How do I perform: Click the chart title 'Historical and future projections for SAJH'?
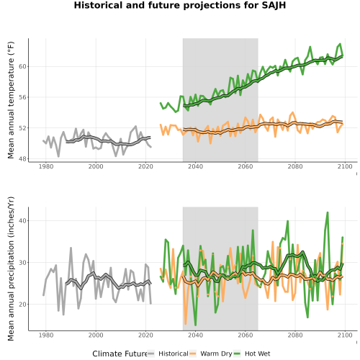coord(180,5)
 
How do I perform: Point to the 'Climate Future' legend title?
coord(120,354)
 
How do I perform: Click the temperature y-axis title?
coord(11,100)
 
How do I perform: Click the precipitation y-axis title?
coord(11,269)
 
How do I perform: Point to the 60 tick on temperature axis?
coord(22,66)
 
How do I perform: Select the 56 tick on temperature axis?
coord(22,97)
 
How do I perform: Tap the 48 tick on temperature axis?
coord(22,159)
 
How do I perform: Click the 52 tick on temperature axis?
coord(22,128)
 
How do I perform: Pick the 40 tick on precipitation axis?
coord(22,220)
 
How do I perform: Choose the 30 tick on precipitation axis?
coord(22,262)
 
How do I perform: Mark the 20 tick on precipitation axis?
coord(22,305)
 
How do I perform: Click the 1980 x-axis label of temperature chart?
coord(46,166)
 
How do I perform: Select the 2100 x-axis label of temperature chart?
coord(345,166)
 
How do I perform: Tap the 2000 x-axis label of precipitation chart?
coord(96,335)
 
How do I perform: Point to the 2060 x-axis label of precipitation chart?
coord(246,335)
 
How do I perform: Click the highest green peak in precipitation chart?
coord(328,212)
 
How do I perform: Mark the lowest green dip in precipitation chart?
coord(195,325)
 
